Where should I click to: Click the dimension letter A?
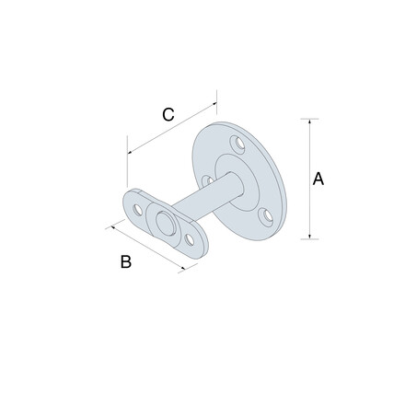click(x=318, y=179)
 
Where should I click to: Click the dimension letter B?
click(x=126, y=261)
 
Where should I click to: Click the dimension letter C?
click(x=168, y=114)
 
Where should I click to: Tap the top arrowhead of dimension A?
click(x=309, y=121)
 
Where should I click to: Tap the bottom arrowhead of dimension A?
click(x=309, y=236)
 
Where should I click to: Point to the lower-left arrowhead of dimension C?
click(x=130, y=152)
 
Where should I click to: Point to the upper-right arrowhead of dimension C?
click(x=214, y=105)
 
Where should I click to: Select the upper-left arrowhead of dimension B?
click(x=113, y=227)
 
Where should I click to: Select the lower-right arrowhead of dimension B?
click(x=183, y=268)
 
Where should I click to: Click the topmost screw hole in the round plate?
click(x=237, y=144)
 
